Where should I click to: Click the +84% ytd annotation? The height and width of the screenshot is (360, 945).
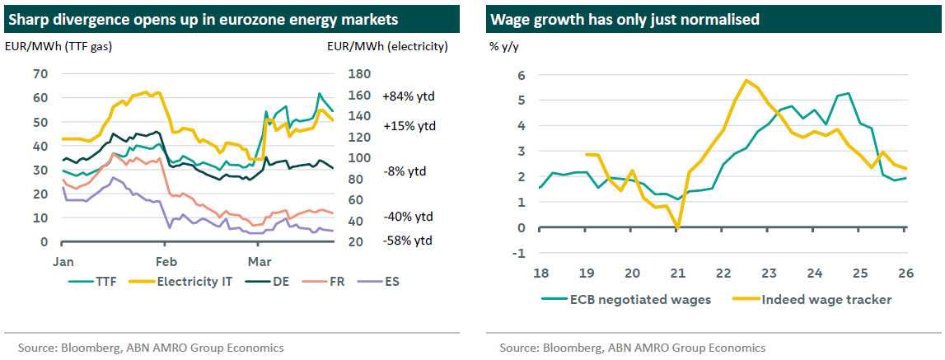[409, 96]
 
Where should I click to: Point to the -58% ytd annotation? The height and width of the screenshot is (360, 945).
[407, 241]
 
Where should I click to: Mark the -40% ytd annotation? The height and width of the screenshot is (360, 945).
[407, 217]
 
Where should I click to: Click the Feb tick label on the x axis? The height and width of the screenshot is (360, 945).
[166, 259]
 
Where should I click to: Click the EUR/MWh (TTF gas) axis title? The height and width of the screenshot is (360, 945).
[58, 47]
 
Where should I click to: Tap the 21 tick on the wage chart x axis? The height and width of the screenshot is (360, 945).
[676, 273]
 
